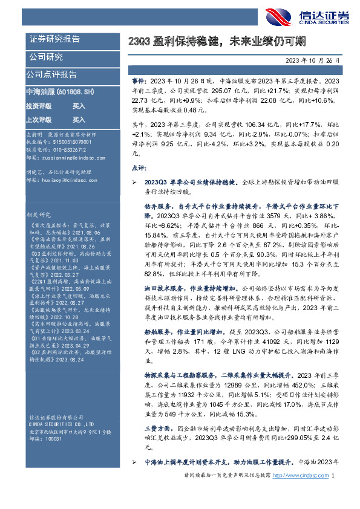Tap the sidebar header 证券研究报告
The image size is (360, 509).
54,39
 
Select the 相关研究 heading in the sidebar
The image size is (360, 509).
39,214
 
